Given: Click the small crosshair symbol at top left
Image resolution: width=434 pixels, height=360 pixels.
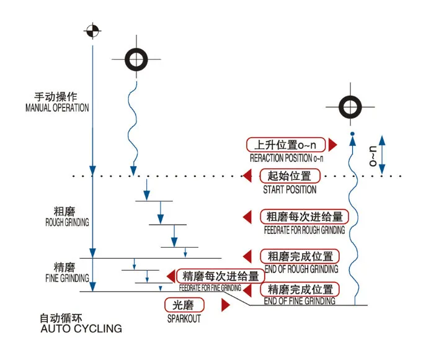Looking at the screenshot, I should (92, 29).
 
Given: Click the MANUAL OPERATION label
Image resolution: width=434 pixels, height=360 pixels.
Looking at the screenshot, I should (57, 107).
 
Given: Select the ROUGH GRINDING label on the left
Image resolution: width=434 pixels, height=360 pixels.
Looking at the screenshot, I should (67, 222).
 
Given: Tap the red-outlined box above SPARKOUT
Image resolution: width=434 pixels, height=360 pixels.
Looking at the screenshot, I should (184, 305).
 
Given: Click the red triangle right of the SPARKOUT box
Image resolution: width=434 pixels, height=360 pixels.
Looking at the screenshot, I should (226, 305).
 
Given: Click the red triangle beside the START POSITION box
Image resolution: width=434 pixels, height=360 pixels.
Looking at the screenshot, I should (247, 176).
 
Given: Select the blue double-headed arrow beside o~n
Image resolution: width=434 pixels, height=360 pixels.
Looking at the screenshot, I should (382, 155).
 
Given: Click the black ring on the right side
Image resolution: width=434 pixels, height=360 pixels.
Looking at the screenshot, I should (351, 106).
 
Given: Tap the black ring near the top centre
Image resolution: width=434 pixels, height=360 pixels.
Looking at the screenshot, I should (136, 60).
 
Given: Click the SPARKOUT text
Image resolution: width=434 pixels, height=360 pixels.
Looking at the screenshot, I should (184, 319).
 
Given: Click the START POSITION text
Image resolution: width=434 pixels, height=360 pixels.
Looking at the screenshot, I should (290, 189).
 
